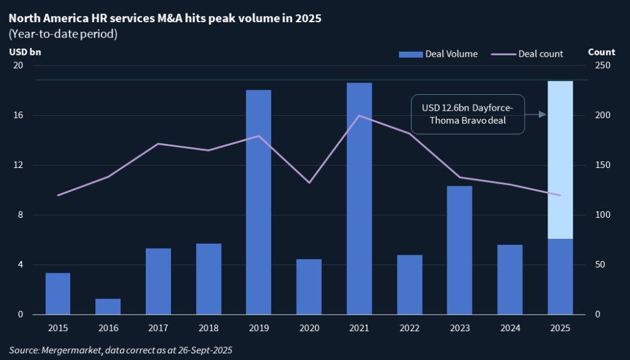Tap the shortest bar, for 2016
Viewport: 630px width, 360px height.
coord(108,306)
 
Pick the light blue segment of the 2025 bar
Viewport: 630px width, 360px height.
coord(560,160)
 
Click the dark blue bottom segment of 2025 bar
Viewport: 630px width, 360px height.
coord(560,277)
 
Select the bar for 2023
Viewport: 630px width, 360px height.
coord(459,250)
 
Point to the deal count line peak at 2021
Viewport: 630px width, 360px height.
coord(359,116)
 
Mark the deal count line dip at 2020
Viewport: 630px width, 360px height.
coord(309,183)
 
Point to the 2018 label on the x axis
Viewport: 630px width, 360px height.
coord(209,329)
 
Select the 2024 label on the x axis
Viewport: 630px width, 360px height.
coord(509,329)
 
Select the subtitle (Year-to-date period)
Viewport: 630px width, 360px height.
coord(63,34)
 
